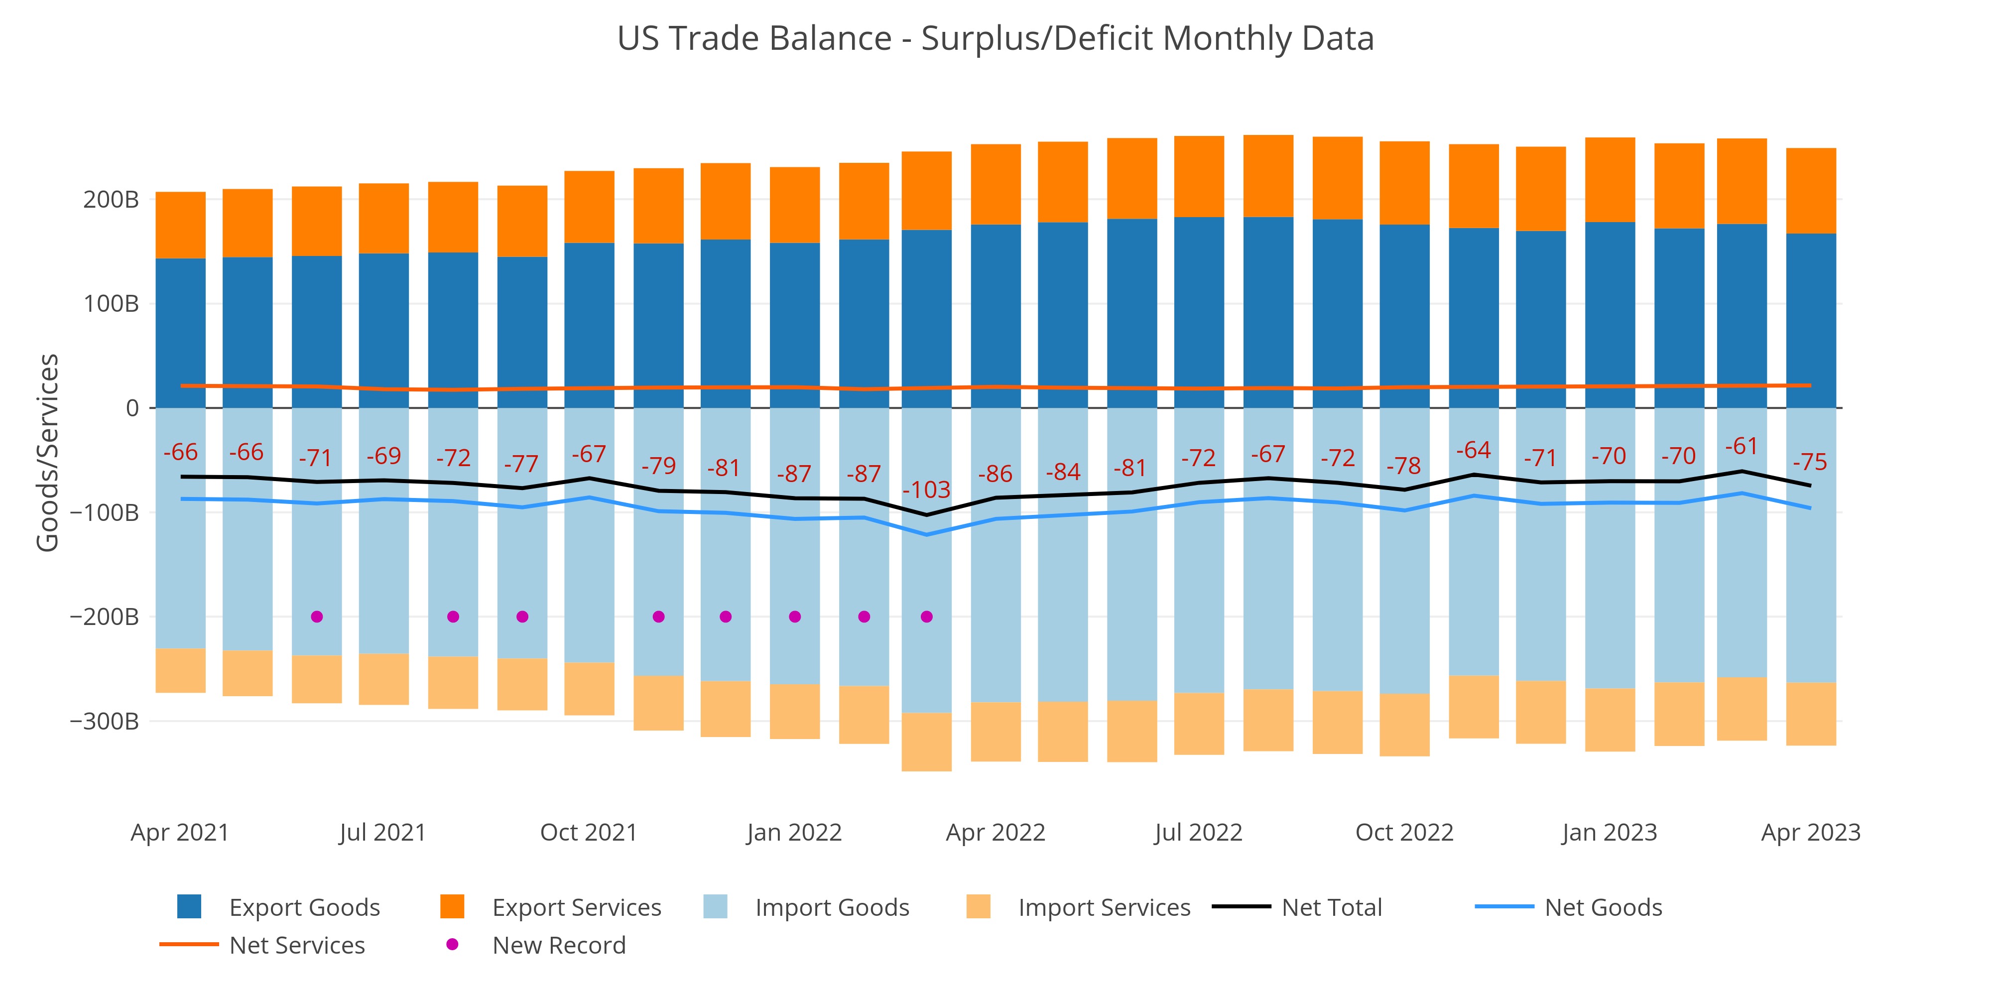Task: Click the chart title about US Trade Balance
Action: (x=995, y=39)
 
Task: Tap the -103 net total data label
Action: (x=926, y=490)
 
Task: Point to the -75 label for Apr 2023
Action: (x=1810, y=463)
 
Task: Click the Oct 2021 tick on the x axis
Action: (x=589, y=833)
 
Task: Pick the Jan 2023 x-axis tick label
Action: (x=1609, y=833)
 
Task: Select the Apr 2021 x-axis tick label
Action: (x=180, y=833)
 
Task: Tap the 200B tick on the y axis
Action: (x=111, y=200)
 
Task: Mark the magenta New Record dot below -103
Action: (x=926, y=617)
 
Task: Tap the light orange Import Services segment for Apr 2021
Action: (x=180, y=670)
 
